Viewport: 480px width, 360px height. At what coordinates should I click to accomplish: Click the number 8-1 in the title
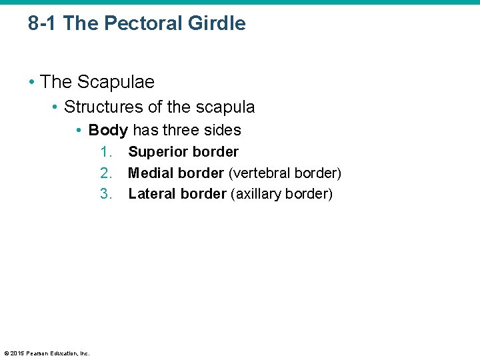pyautogui.click(x=43, y=23)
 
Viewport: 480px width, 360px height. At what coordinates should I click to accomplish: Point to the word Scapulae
pyautogui.click(x=115, y=82)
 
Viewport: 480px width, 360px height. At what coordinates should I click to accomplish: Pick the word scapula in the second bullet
pyautogui.click(x=225, y=107)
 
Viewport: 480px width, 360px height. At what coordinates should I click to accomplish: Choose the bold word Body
pyautogui.click(x=108, y=130)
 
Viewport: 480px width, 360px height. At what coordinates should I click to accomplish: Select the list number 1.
pyautogui.click(x=107, y=152)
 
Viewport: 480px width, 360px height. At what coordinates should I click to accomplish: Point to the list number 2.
pyautogui.click(x=107, y=173)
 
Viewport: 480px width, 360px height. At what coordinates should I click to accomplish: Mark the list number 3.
pyautogui.click(x=107, y=194)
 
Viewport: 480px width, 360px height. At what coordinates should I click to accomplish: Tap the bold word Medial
pyautogui.click(x=151, y=173)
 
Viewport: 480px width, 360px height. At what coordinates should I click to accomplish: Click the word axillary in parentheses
pyautogui.click(x=257, y=194)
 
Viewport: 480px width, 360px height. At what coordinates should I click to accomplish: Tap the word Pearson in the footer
pyautogui.click(x=39, y=353)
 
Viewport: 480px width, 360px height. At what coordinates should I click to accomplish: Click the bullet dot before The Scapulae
pyautogui.click(x=31, y=83)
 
